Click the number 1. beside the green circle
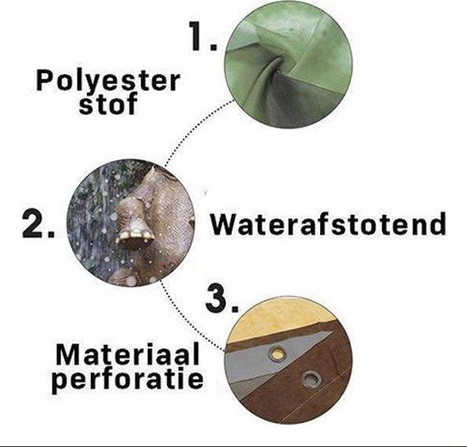(204, 37)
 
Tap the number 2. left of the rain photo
(38, 223)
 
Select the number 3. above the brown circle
(222, 298)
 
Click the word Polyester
(108, 81)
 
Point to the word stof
(108, 104)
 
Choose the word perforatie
(128, 379)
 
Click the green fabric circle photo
(288, 65)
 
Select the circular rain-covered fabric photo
(131, 223)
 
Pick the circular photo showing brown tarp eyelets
(287, 359)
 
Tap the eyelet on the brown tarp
(311, 381)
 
